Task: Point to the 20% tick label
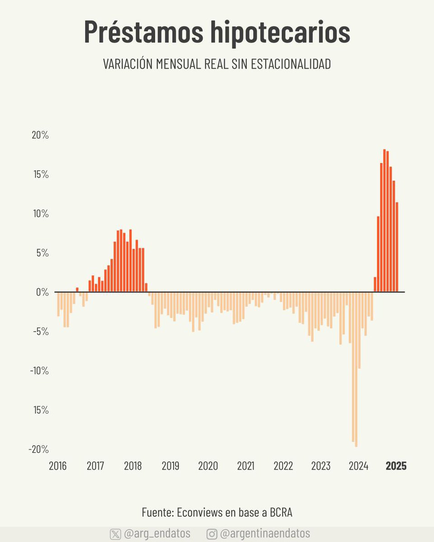click(x=40, y=135)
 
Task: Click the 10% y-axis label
click(x=40, y=214)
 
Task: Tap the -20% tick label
click(x=38, y=449)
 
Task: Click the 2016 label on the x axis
click(x=57, y=466)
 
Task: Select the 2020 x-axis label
click(x=208, y=466)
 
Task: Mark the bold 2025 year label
click(x=396, y=466)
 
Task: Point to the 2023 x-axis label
click(x=321, y=466)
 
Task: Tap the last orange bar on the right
click(x=397, y=247)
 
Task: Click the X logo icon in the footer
click(x=115, y=534)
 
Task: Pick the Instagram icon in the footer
click(x=212, y=534)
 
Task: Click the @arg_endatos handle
click(x=157, y=533)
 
